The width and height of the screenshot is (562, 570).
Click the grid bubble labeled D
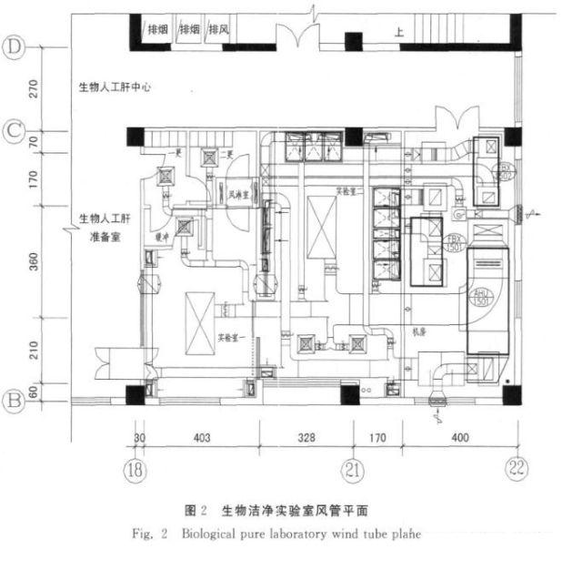[x=15, y=46]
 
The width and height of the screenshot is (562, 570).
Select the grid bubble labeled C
[x=15, y=131]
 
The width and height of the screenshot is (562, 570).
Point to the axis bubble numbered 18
[x=135, y=470]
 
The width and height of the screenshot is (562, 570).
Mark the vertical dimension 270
[x=34, y=88]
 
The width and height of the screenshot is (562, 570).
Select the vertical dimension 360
[x=34, y=259]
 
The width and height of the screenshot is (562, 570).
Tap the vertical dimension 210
[x=34, y=351]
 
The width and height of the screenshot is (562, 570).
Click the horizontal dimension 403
[x=202, y=438]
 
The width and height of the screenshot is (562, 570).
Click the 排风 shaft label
[x=218, y=29]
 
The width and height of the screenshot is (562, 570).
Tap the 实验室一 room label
[x=234, y=336]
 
